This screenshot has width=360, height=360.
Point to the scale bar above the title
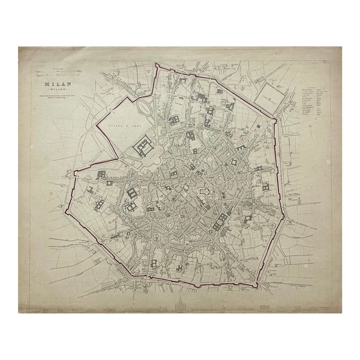pos(55,72)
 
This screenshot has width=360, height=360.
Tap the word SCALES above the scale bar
pos(55,68)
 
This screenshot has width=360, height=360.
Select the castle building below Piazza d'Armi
pos(143,147)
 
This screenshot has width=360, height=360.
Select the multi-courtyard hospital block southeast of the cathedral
pos(220,219)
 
